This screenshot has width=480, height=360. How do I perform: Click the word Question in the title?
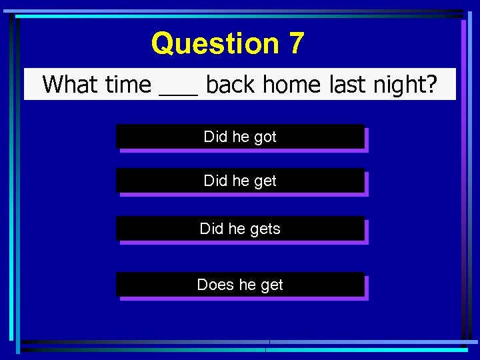pos(215,44)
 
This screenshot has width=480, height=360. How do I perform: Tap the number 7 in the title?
pos(297,44)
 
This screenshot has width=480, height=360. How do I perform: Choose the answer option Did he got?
pos(240,137)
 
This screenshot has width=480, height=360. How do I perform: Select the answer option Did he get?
pos(240,181)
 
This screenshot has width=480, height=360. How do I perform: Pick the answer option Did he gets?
pos(240,229)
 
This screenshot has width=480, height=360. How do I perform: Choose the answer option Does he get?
pos(240,285)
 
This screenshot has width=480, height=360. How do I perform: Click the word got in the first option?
pos(265,137)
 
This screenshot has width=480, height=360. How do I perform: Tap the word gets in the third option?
pos(265,229)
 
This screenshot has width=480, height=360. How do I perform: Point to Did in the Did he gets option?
pos(211,229)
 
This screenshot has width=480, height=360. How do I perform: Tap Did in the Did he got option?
pos(215,137)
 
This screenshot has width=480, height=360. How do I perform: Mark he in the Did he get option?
pos(240,181)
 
